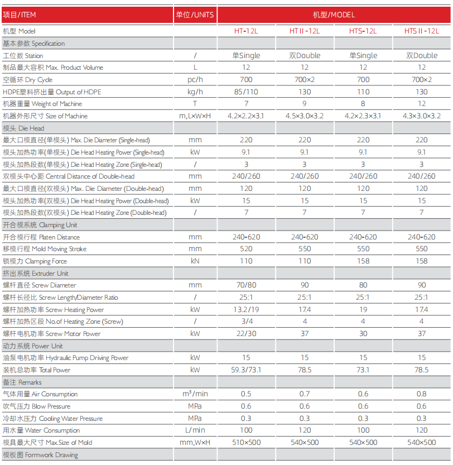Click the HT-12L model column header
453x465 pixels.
pyautogui.click(x=246, y=31)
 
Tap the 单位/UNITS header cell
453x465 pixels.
pyautogui.click(x=195, y=15)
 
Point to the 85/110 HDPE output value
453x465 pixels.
pyautogui.click(x=246, y=92)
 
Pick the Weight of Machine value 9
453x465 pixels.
pyautogui.click(x=305, y=104)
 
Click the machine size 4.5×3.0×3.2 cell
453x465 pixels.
pyautogui.click(x=305, y=116)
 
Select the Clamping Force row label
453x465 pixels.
pyautogui.click(x=35, y=261)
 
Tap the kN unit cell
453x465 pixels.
pyautogui.click(x=195, y=261)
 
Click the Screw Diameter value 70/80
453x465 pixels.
pyautogui.click(x=246, y=285)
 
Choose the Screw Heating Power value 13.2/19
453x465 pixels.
pyautogui.click(x=246, y=310)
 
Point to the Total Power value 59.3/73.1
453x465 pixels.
pyautogui.click(x=246, y=370)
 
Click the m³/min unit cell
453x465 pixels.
pyautogui.click(x=195, y=394)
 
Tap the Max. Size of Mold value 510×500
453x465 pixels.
pyautogui.click(x=246, y=443)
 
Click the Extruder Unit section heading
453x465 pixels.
pyautogui.click(x=36, y=274)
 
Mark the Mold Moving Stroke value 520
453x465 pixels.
pyautogui.click(x=246, y=249)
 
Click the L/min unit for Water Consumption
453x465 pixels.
pyautogui.click(x=195, y=430)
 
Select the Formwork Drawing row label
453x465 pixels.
pyautogui.click(x=40, y=455)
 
